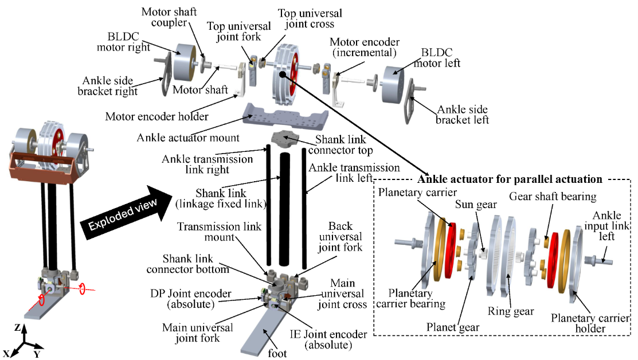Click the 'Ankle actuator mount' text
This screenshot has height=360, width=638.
point(182,138)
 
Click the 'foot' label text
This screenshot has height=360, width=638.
point(277,353)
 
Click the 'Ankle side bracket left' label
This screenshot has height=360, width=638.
point(463,114)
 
